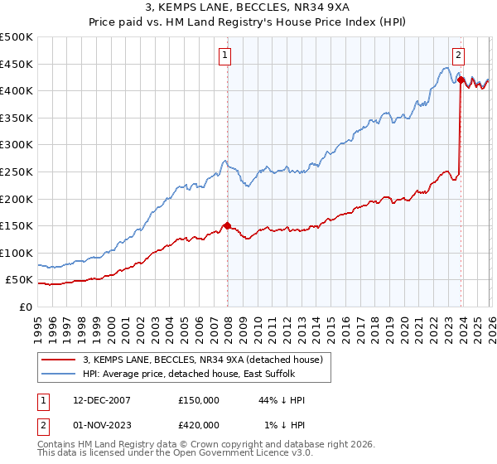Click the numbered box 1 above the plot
point(224,56)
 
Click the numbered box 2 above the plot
point(458,56)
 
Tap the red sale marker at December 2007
point(227,225)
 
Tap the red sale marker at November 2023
point(461,80)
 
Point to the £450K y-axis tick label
point(17,64)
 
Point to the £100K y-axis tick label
point(17,253)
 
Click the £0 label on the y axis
point(24,307)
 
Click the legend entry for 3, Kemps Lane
point(206,359)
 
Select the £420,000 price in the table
point(199,425)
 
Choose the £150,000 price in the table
point(199,400)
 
